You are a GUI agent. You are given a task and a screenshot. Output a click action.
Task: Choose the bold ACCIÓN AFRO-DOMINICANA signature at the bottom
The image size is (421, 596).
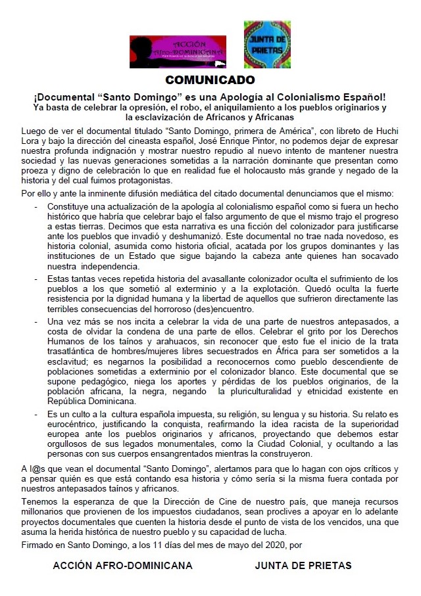click(x=123, y=565)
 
